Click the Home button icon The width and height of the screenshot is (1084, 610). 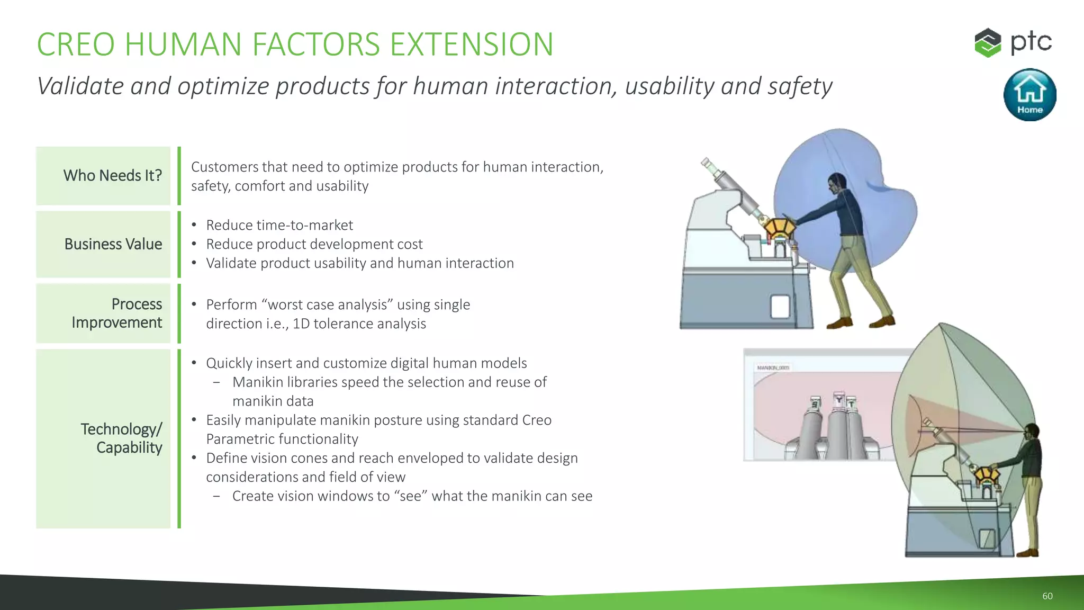point(1029,95)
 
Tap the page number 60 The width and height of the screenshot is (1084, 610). point(1047,596)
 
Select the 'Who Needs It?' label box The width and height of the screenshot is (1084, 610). point(104,176)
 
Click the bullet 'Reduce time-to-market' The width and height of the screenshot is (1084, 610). point(279,225)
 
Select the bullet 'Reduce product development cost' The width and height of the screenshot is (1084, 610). point(314,244)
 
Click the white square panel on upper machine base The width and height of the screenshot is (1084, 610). point(780,306)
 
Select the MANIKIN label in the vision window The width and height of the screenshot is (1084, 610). point(773,367)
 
